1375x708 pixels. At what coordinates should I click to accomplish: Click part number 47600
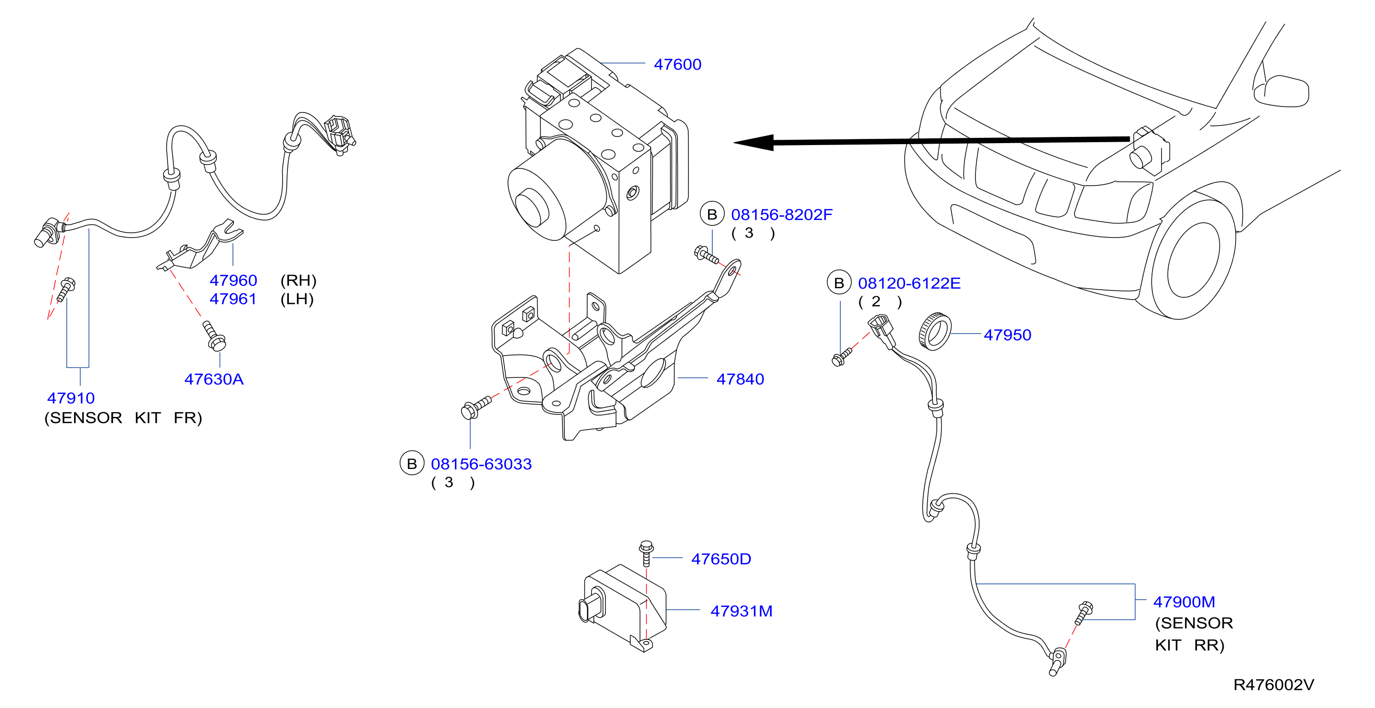pos(677,64)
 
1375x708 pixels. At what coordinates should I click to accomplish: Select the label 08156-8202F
pos(782,215)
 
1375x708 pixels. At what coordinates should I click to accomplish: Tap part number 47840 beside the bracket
pos(740,379)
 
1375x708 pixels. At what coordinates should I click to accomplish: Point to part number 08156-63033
pos(481,464)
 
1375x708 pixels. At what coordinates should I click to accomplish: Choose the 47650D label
pos(721,559)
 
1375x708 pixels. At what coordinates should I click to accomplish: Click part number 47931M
pos(741,611)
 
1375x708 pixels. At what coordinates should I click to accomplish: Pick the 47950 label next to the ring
pos(1007,334)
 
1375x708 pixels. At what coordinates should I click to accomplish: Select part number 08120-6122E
pos(909,283)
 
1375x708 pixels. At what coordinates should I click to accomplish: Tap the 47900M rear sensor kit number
pos(1184,602)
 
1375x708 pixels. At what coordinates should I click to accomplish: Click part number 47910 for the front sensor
pos(71,398)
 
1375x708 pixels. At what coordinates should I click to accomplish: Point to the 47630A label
pos(213,379)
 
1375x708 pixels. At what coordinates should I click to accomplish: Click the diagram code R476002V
pos(1274,685)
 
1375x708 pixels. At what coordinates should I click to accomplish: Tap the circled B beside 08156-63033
pos(412,464)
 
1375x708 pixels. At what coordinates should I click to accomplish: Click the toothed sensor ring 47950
pos(935,332)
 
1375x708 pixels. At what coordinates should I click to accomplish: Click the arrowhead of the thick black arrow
pos(753,143)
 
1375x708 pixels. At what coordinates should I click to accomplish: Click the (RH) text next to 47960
pos(298,280)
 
